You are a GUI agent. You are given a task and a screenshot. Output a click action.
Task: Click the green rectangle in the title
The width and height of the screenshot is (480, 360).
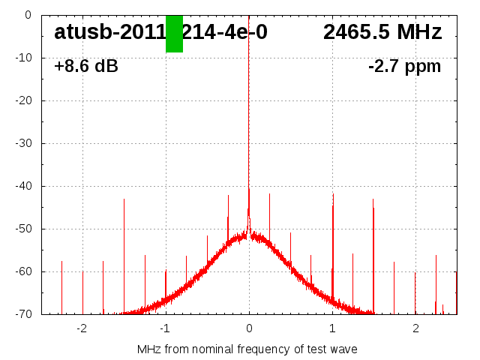[174, 34]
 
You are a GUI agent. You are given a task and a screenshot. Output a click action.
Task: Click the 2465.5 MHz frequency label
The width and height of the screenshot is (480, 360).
[382, 32]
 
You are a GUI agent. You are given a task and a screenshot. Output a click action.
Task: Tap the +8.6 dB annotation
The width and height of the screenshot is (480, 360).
[86, 67]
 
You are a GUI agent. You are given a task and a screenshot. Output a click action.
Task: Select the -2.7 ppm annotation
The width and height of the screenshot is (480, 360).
[404, 67]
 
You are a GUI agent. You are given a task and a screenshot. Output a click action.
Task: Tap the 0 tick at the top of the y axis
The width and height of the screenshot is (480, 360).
[27, 15]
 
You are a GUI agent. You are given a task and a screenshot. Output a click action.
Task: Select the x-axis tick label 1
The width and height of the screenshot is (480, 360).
[332, 328]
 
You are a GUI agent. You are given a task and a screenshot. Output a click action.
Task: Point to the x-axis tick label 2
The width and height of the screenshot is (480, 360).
[415, 328]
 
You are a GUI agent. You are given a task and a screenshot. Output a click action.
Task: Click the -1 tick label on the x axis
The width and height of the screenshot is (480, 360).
[164, 328]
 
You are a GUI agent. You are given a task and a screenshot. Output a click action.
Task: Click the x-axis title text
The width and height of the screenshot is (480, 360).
[247, 349]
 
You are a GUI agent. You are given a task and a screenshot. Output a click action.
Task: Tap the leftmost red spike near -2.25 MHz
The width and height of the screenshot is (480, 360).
[62, 285]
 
